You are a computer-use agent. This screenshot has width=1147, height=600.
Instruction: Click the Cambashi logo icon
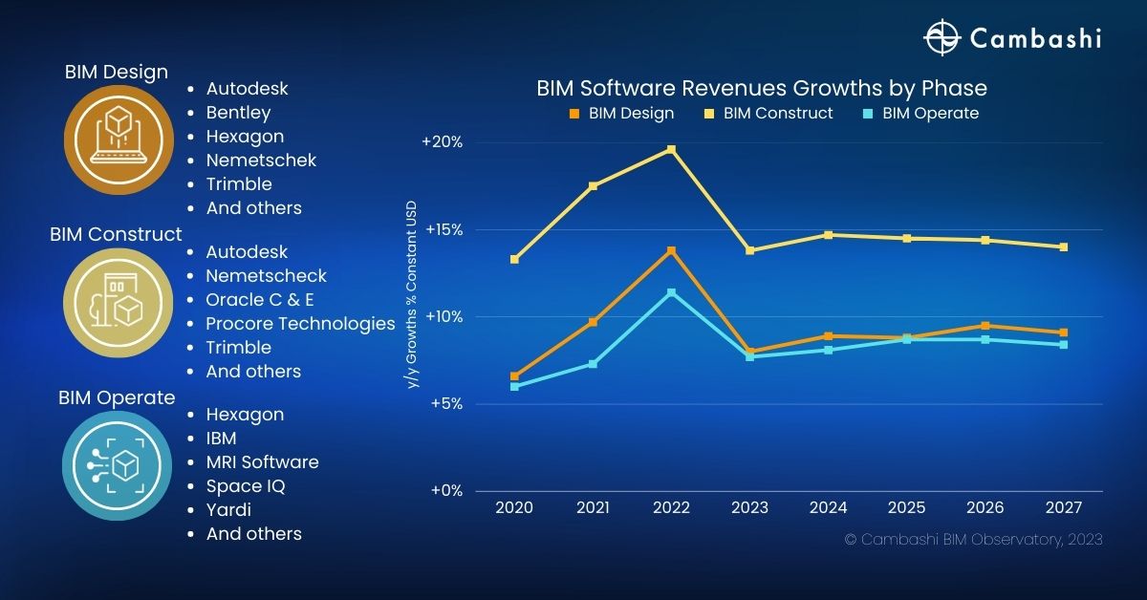coord(941,38)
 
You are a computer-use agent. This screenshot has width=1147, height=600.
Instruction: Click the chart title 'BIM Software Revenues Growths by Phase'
coord(761,88)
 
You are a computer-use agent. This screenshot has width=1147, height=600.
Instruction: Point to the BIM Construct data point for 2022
coord(671,149)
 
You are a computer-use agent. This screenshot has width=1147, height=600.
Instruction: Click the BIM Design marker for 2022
coord(671,250)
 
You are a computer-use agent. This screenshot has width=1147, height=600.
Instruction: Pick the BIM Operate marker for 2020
coord(514,386)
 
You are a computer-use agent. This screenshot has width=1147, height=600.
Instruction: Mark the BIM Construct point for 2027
coord(1063,246)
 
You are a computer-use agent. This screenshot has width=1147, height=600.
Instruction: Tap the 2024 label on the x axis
coord(828,508)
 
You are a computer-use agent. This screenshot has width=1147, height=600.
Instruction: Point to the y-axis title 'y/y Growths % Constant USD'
coord(412,293)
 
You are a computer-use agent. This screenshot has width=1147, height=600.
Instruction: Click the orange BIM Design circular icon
coord(109,139)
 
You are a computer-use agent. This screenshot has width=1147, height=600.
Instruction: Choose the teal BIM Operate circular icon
coord(109,465)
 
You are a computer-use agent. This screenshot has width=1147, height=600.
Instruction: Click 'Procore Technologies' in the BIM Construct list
coord(300,324)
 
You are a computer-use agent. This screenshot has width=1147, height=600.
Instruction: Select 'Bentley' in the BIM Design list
coord(238,113)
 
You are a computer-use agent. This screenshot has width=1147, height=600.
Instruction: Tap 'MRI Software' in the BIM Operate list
coord(262,462)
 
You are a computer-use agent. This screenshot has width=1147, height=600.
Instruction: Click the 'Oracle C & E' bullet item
coord(260,300)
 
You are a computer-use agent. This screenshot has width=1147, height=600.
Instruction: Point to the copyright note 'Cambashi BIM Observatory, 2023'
coord(973,540)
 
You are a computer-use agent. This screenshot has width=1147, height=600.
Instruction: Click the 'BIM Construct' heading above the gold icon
coord(116,234)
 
